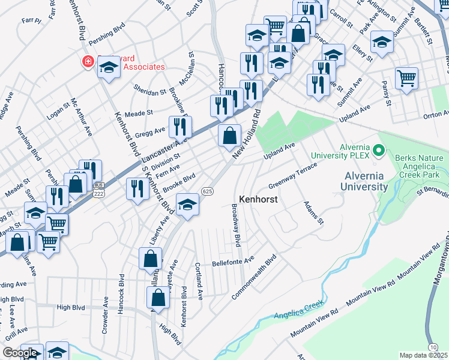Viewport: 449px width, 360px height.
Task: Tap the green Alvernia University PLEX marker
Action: coord(378,150)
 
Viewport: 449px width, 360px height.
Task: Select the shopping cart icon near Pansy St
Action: coord(406,78)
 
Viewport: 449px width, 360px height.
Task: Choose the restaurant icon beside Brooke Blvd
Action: coord(137,189)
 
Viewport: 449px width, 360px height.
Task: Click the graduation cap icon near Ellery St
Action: coord(381,42)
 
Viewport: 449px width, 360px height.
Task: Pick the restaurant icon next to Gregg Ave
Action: coord(179,127)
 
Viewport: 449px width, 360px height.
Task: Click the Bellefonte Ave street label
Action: coord(234,262)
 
